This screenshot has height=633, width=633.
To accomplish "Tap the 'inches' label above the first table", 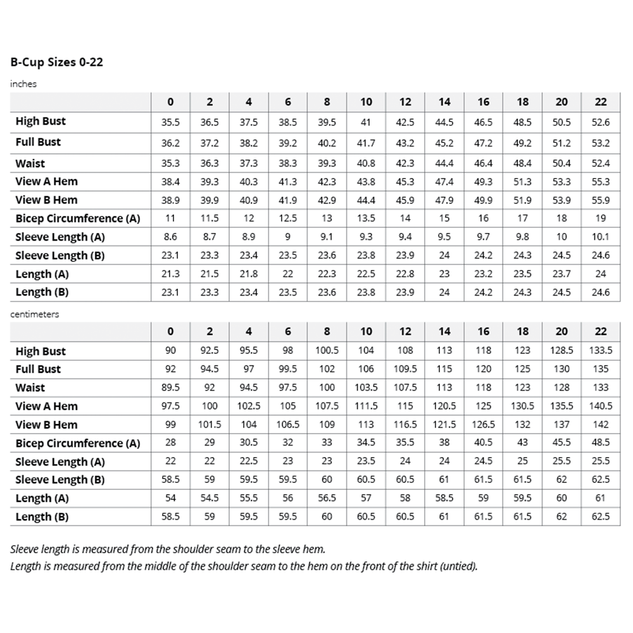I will point(23,84).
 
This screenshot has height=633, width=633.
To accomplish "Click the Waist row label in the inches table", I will point(30,163).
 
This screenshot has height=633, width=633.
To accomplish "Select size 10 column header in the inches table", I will point(367,102).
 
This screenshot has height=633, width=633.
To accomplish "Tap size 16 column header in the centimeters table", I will point(484,331).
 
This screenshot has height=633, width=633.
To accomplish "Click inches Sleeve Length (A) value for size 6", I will point(288,237).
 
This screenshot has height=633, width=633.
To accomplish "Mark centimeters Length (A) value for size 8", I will point(327,498).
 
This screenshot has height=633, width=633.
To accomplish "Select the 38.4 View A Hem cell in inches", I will point(170,182).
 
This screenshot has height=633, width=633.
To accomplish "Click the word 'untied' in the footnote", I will point(457,566).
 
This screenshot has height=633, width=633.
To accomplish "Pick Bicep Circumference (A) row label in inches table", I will point(77,218).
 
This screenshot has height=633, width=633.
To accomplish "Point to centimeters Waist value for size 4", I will point(249,387).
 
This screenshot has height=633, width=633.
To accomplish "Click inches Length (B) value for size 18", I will point(523,292).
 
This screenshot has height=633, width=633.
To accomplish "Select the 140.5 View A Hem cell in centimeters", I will point(601,406).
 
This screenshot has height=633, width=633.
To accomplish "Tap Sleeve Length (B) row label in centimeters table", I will point(60,480).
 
